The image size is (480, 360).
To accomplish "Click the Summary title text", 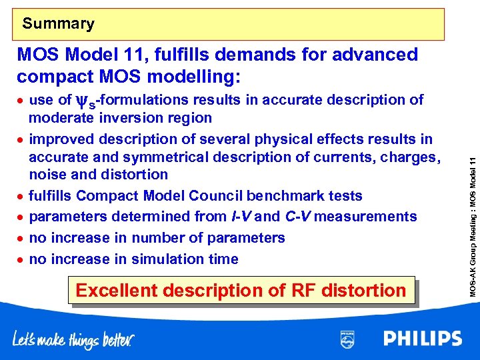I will tap(59, 24).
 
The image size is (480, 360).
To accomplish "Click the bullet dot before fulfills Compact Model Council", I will tap(21, 197).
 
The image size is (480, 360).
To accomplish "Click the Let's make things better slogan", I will tap(73, 340).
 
